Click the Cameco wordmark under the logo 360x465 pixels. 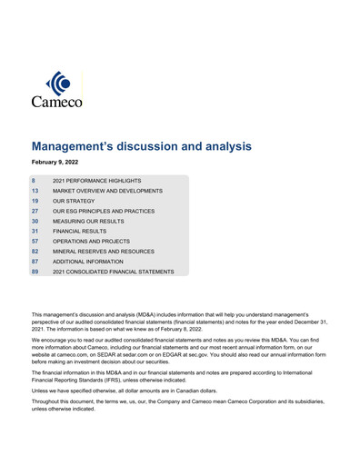[x=57, y=103]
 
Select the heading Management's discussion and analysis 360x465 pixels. [x=141, y=145]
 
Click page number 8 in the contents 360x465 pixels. [x=34, y=181]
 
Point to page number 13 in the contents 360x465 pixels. [x=35, y=191]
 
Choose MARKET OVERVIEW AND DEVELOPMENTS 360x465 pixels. [x=107, y=191]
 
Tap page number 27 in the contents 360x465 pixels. [x=35, y=211]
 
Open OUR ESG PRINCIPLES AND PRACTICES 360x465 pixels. [x=104, y=211]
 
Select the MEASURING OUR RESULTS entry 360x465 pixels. [x=90, y=221]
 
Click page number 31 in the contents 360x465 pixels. [x=35, y=231]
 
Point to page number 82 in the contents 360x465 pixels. [x=35, y=251]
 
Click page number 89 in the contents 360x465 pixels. [x=35, y=271]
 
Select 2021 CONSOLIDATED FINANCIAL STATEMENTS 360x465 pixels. [x=113, y=271]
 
